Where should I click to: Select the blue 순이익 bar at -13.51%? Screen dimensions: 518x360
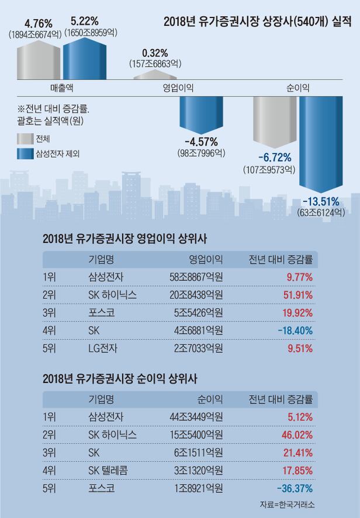(323, 143)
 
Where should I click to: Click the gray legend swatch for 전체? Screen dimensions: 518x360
(25, 139)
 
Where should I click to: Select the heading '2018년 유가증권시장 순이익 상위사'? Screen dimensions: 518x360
(120, 378)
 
